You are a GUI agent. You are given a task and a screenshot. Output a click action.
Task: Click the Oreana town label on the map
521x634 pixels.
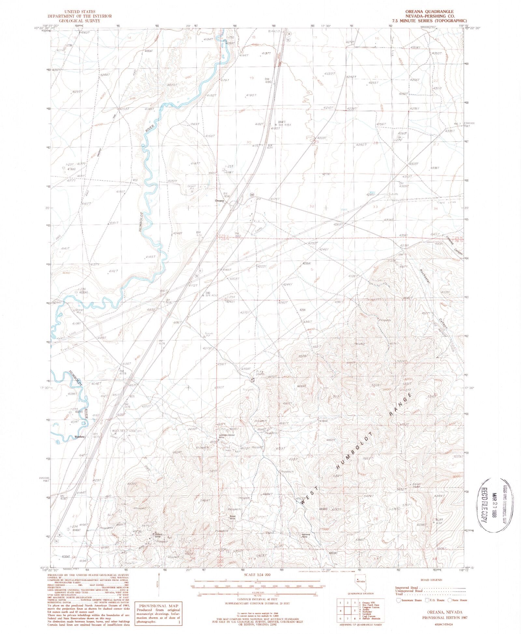tap(219, 201)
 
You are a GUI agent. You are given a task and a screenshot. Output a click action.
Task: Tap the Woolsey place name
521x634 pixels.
tap(79, 437)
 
